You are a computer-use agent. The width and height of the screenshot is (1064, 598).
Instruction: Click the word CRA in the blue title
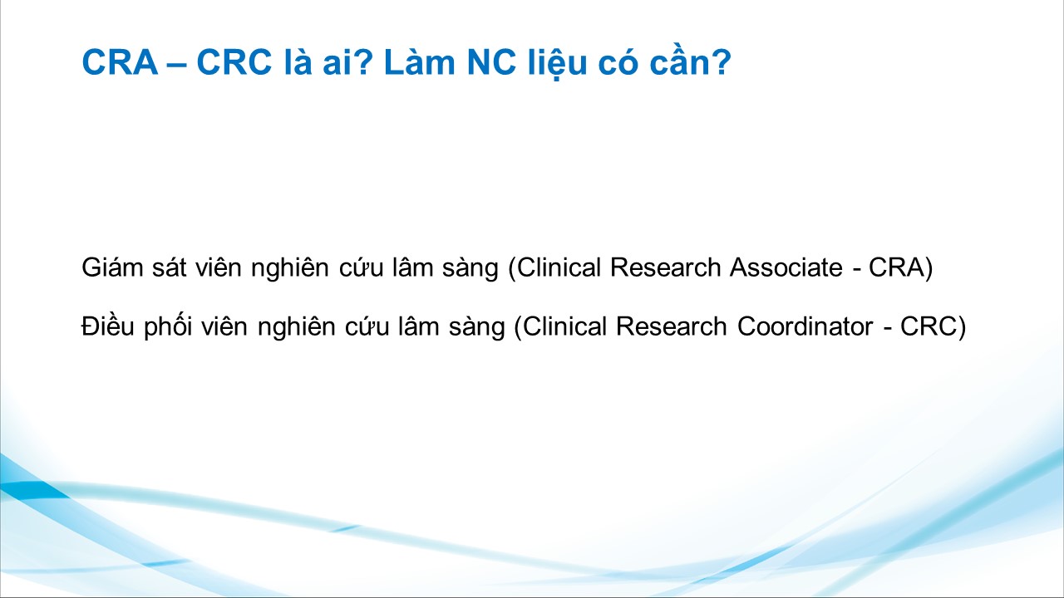pos(120,61)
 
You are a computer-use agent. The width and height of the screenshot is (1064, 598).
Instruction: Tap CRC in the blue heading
pos(234,61)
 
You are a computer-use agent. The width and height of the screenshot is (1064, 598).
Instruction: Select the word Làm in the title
pos(420,61)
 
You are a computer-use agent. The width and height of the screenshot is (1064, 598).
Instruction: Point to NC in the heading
pos(491,61)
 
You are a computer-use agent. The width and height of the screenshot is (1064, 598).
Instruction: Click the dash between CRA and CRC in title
pos(177,64)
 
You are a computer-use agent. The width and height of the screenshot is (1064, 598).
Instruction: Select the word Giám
pos(112,267)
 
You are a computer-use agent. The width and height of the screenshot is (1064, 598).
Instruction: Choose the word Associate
pos(786,267)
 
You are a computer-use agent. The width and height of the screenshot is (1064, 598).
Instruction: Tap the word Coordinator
pos(805,326)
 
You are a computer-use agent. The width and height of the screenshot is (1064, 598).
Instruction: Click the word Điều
pos(108,326)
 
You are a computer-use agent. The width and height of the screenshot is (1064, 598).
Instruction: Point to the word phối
pos(168,326)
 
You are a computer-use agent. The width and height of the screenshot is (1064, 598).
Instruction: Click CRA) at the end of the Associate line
pos(900,267)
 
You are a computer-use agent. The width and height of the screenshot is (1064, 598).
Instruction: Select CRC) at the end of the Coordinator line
pos(933,327)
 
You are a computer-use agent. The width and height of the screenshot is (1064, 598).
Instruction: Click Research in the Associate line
pos(666,267)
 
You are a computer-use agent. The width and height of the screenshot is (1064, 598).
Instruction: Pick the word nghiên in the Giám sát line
pos(290,268)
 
